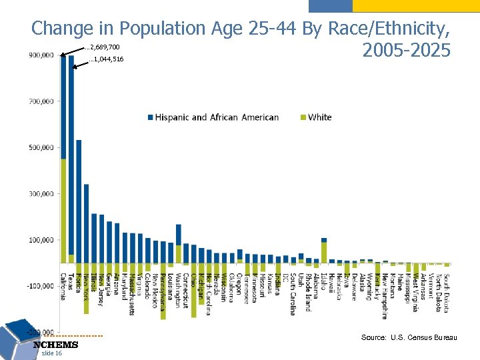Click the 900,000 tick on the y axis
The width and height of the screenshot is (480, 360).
click(x=41, y=55)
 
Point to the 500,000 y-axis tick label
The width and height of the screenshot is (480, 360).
click(x=41, y=147)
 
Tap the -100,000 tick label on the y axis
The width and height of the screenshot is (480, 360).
click(x=40, y=286)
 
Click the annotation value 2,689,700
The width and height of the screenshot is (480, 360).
click(x=103, y=48)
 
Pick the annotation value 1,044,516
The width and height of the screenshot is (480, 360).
click(x=107, y=60)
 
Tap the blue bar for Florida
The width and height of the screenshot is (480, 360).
click(x=79, y=200)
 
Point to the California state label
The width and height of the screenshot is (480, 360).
click(x=63, y=287)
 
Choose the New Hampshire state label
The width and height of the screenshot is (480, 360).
click(x=385, y=296)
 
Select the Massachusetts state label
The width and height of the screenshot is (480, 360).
click(x=132, y=295)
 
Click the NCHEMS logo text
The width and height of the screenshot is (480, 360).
click(x=56, y=345)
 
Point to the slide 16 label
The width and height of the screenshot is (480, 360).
click(x=51, y=353)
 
